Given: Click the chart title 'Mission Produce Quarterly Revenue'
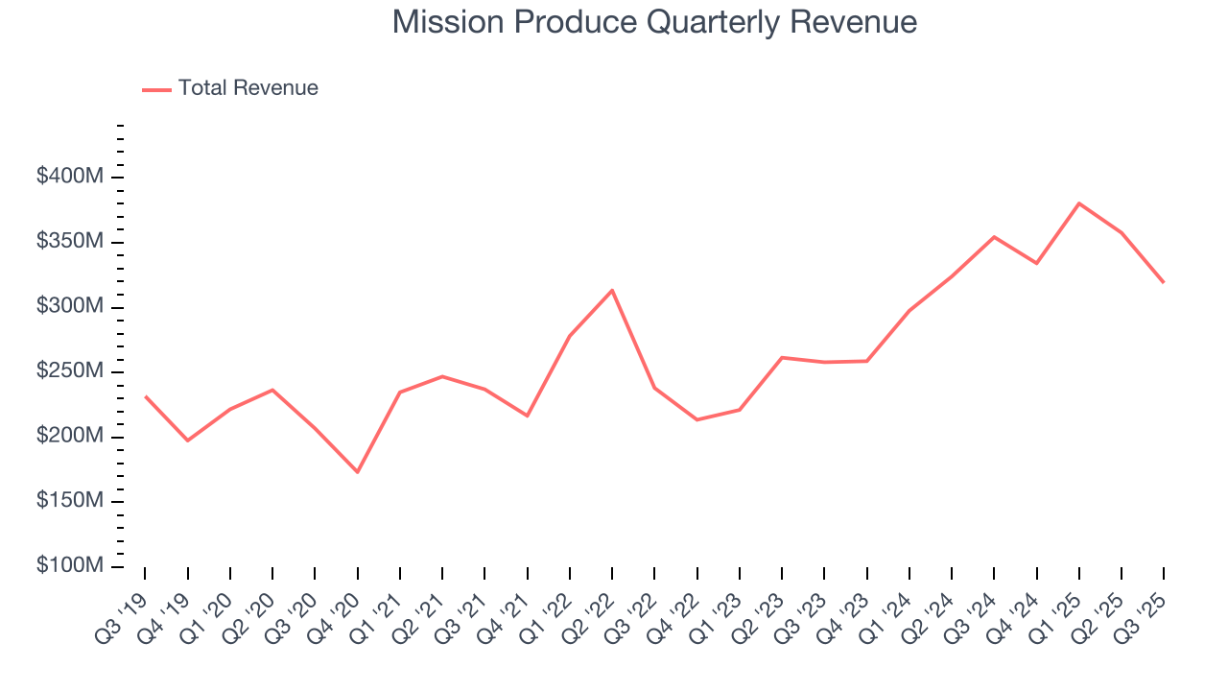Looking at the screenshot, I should (654, 22).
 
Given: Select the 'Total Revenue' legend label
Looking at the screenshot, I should (248, 88).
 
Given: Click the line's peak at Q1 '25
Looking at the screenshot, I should (1079, 203).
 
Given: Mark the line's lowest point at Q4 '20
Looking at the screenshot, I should (357, 472).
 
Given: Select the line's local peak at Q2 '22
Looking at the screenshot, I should (612, 290).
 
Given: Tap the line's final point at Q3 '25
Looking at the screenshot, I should (1164, 282).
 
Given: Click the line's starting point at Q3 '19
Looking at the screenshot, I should (145, 396).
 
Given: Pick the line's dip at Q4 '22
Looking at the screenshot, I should (697, 419).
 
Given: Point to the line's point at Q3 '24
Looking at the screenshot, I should (994, 236).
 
